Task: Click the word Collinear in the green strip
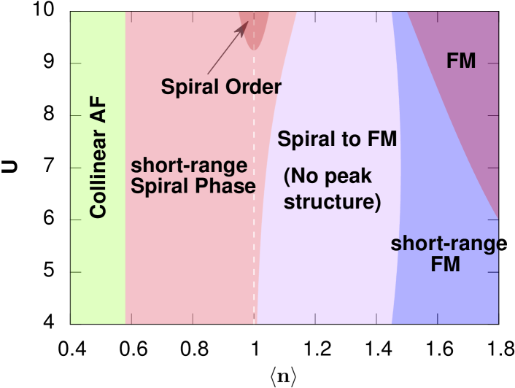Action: click(x=98, y=174)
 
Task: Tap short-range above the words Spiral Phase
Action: click(x=189, y=164)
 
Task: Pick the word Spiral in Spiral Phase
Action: click(x=159, y=186)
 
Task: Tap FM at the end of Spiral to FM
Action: click(x=382, y=139)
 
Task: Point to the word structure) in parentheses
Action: click(x=332, y=201)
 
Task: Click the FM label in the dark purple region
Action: click(x=461, y=61)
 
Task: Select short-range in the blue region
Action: click(x=446, y=244)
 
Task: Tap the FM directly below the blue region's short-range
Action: click(x=445, y=264)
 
